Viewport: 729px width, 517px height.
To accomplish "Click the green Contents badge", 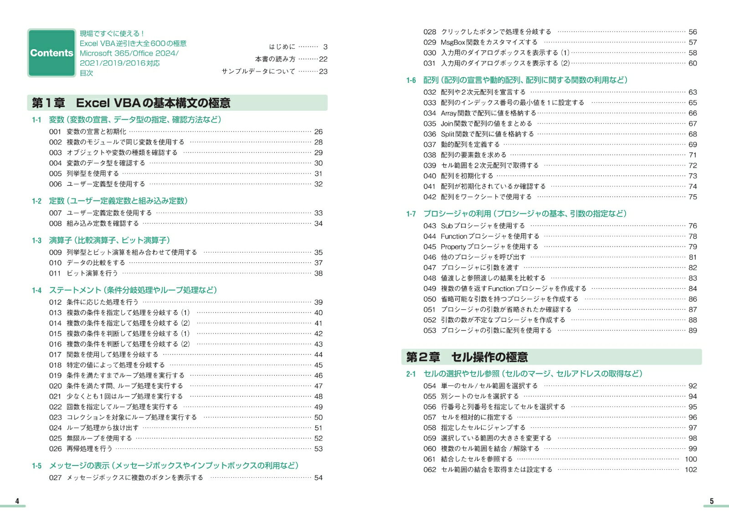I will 51,53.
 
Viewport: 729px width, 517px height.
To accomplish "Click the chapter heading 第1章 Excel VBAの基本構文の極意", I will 131,103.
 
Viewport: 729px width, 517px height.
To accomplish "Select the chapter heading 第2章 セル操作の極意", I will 467,357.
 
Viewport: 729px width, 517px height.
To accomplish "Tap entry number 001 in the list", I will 55,132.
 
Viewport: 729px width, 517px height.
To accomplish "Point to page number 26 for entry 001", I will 318,132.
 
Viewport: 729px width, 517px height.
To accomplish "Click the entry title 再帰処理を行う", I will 89,449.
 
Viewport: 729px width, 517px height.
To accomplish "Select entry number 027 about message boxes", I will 55,477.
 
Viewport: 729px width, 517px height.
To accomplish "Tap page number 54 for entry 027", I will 318,478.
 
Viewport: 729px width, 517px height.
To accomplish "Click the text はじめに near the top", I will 282,46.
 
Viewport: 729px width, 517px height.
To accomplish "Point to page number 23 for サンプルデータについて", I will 323,72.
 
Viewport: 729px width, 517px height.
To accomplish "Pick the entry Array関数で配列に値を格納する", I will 488,113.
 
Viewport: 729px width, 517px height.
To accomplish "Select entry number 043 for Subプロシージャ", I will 430,225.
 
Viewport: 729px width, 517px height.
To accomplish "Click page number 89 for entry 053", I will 693,331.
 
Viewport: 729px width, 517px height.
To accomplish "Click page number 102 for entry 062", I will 691,470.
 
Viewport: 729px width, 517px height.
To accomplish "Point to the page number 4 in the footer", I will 17,501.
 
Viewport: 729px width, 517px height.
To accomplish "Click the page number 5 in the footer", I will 712,501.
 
